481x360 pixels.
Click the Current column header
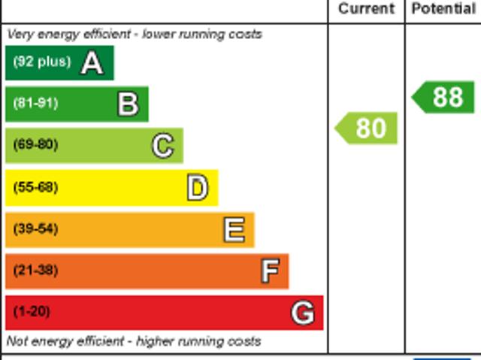pyautogui.click(x=366, y=9)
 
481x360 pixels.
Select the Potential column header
pyautogui.click(x=443, y=9)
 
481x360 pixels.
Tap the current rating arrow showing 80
pyautogui.click(x=367, y=129)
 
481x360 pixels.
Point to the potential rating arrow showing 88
pyautogui.click(x=444, y=98)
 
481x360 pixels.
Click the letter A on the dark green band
pyautogui.click(x=92, y=63)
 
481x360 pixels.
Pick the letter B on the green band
pyautogui.click(x=128, y=104)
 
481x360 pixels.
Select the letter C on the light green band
pyautogui.click(x=162, y=146)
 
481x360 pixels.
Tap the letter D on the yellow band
pyautogui.click(x=197, y=188)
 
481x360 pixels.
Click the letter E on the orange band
pyautogui.click(x=234, y=229)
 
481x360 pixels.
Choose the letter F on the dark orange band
pyautogui.click(x=269, y=271)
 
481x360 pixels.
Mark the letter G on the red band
pyautogui.click(x=302, y=312)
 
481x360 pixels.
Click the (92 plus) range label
pyautogui.click(x=41, y=62)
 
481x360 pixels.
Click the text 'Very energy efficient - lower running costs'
pyautogui.click(x=135, y=35)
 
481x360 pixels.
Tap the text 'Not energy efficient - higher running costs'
pyautogui.click(x=134, y=341)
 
